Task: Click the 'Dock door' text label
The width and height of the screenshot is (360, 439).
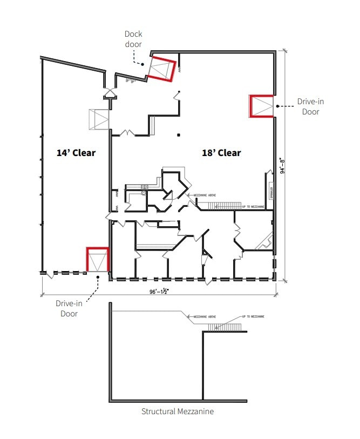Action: pyautogui.click(x=133, y=39)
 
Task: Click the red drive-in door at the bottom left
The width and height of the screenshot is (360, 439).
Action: pyautogui.click(x=98, y=260)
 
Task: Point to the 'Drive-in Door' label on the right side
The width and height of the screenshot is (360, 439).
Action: pyautogui.click(x=310, y=106)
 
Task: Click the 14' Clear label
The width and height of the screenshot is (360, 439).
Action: pyautogui.click(x=76, y=153)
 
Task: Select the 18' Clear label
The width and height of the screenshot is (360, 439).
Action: pyautogui.click(x=221, y=153)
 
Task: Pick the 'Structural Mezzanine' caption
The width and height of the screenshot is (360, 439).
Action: pyautogui.click(x=178, y=411)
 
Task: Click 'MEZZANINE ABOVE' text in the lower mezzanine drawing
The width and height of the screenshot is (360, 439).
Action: pyautogui.click(x=198, y=316)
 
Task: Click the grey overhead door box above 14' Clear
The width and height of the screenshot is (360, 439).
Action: pyautogui.click(x=99, y=119)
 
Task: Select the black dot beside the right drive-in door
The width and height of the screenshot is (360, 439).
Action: pyautogui.click(x=277, y=106)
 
